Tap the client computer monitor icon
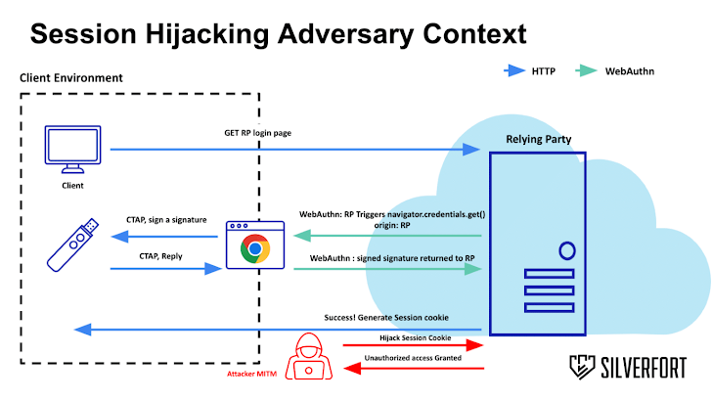coord(72,150)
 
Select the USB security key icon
coord(73,243)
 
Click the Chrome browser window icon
coord(255,245)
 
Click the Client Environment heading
coord(72,77)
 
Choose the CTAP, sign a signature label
coord(166,220)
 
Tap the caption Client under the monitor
coord(72,185)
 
